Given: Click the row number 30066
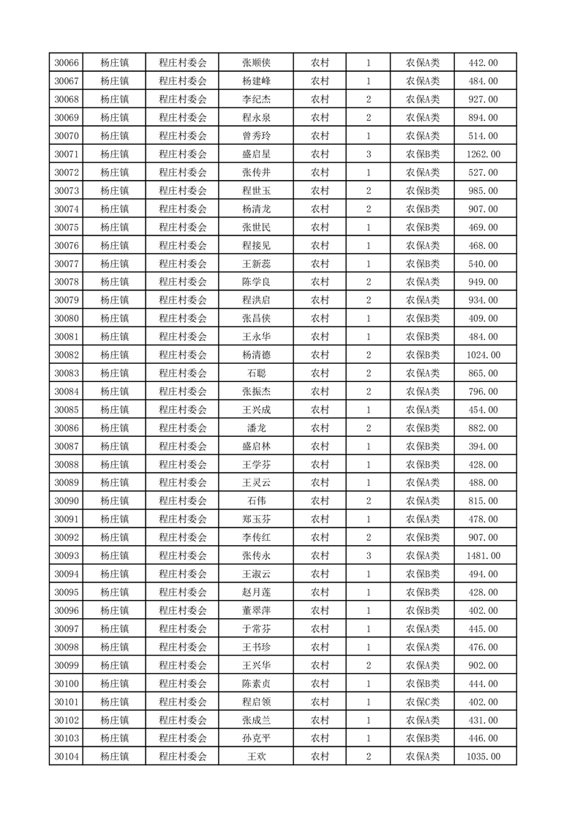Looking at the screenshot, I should pyautogui.click(x=67, y=63).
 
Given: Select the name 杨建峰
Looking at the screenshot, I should pyautogui.click(x=257, y=81).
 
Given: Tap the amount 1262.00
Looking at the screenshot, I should pyautogui.click(x=483, y=154).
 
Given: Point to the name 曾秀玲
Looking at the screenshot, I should pyautogui.click(x=257, y=136).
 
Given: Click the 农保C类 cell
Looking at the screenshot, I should pyautogui.click(x=423, y=702).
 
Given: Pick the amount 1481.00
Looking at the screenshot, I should pyautogui.click(x=483, y=556).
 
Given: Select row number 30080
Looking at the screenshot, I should pyautogui.click(x=67, y=318).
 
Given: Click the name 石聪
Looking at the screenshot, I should pyautogui.click(x=257, y=373).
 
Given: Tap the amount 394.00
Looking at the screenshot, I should pyautogui.click(x=483, y=446).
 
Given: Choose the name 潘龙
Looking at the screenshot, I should pyautogui.click(x=257, y=428).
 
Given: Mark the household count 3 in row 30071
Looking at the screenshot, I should pyautogui.click(x=368, y=154).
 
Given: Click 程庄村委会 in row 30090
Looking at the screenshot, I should pyautogui.click(x=183, y=501).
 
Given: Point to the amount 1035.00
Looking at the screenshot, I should pyautogui.click(x=483, y=757).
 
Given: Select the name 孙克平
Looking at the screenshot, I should pyautogui.click(x=257, y=738).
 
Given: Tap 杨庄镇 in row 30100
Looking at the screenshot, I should pyautogui.click(x=115, y=683).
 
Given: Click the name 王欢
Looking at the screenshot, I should pyautogui.click(x=257, y=757).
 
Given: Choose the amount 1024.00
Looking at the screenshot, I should pyautogui.click(x=483, y=355).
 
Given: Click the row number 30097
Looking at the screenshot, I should pyautogui.click(x=67, y=629).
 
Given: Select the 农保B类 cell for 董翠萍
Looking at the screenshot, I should pyautogui.click(x=423, y=610).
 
